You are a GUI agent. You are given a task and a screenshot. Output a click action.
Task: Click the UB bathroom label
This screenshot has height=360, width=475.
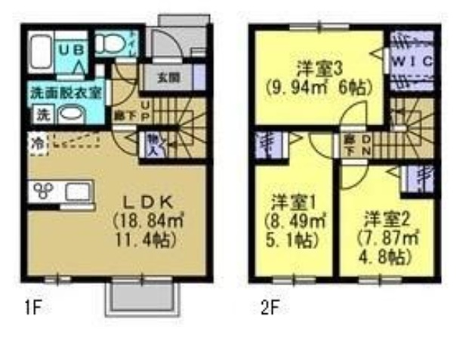(x=79, y=48)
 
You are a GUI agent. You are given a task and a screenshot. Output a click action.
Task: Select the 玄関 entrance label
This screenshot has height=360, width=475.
(x=169, y=77)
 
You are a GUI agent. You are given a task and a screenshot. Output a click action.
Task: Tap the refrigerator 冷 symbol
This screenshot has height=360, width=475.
(x=37, y=141)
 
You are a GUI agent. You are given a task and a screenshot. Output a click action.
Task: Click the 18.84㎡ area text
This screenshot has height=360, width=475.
(x=147, y=221)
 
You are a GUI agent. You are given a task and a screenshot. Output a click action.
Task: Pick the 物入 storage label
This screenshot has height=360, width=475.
(x=151, y=143)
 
